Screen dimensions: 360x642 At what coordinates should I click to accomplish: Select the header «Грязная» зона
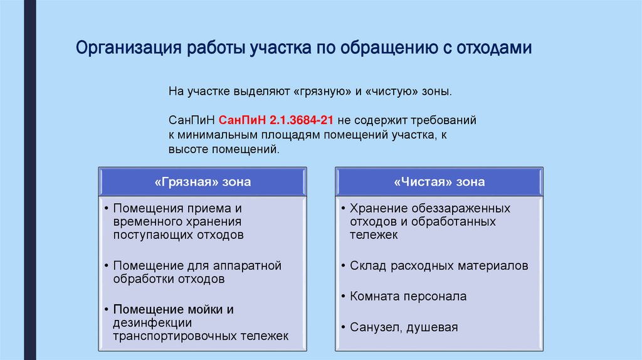click(202, 182)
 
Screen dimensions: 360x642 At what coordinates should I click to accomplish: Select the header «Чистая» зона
click(439, 182)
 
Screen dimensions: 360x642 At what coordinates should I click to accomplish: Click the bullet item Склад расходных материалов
click(439, 266)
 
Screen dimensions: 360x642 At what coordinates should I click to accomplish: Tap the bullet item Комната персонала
click(408, 297)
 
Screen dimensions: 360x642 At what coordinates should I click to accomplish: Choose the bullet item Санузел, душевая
click(404, 327)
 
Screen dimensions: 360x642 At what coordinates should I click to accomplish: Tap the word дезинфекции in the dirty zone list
click(152, 322)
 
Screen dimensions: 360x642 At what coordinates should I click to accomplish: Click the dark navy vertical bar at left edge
click(29, 180)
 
